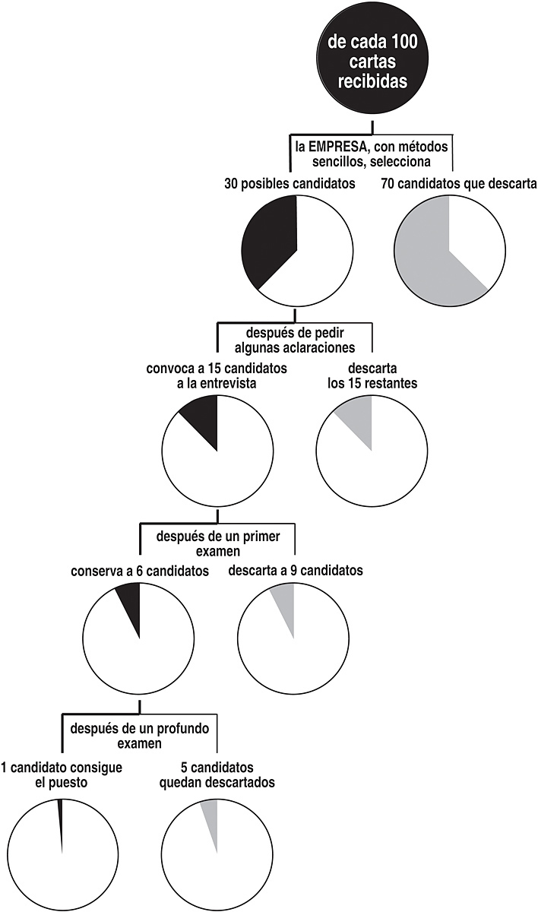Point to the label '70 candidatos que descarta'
[x=459, y=183]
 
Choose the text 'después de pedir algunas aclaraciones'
[x=295, y=340]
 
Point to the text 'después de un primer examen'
[x=217, y=543]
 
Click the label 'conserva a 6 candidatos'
[x=140, y=572]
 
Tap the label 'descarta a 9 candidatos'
[x=296, y=572]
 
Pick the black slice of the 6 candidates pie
[x=131, y=603]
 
